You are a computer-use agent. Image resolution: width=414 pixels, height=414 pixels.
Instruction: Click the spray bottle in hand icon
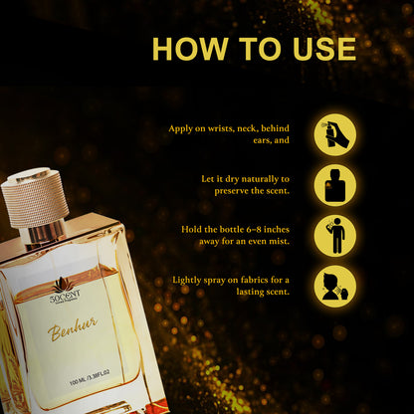point(334,134)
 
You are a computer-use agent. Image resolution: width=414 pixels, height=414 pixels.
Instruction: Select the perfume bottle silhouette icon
point(334,185)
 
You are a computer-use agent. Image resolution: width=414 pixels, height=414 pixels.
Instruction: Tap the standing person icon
point(334,236)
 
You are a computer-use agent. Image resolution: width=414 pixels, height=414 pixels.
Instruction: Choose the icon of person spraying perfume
point(334,286)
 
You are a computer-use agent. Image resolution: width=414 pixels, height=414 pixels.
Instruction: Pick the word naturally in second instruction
point(263,179)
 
